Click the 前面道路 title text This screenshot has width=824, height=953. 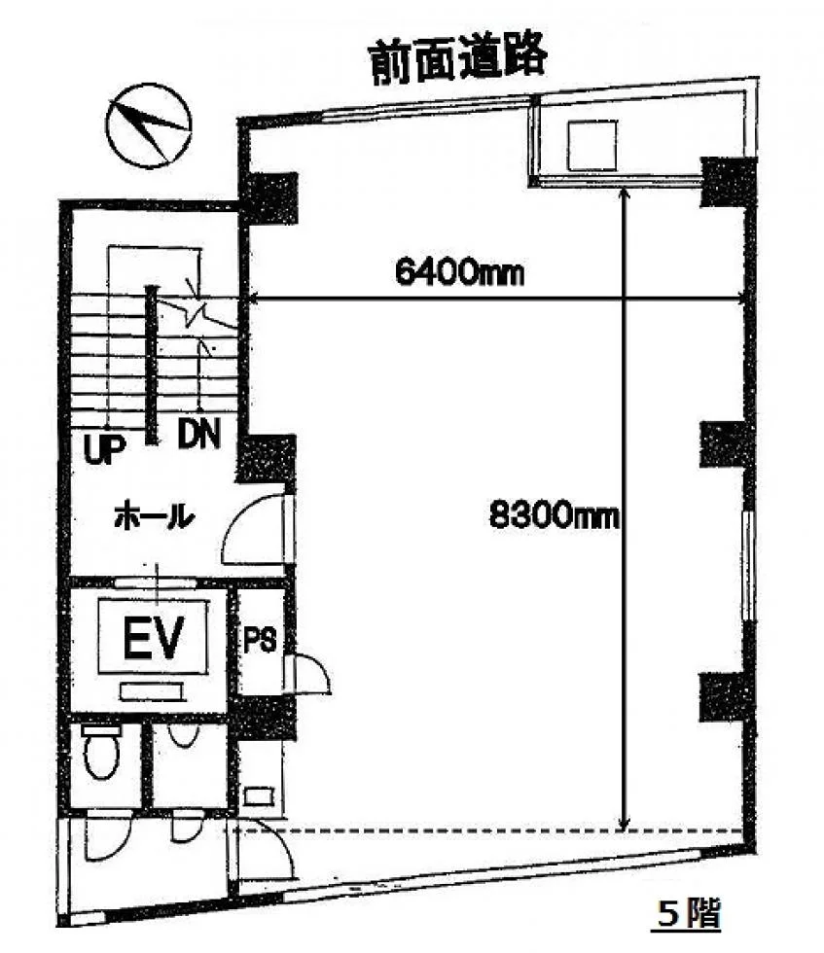tap(458, 60)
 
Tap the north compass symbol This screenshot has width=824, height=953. tap(149, 125)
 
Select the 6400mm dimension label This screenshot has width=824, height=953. tap(459, 273)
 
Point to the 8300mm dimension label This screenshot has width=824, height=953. tap(554, 516)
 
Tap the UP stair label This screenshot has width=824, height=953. tap(104, 449)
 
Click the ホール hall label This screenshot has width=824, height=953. tap(155, 517)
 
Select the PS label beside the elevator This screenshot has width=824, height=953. tap(260, 640)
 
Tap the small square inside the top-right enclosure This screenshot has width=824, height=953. tap(591, 145)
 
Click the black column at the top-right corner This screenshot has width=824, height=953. tap(728, 181)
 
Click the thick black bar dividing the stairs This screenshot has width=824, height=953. tap(151, 365)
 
